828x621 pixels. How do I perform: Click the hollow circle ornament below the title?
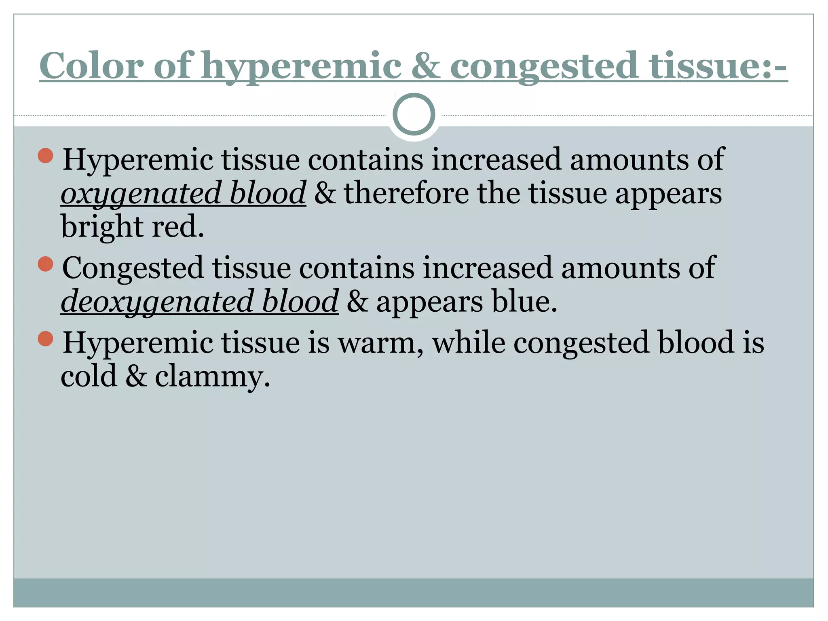tap(414, 114)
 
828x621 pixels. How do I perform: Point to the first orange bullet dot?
tap(46, 156)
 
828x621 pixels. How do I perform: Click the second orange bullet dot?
tap(46, 264)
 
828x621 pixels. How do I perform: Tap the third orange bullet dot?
tap(46, 339)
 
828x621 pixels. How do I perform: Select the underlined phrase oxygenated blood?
tap(183, 193)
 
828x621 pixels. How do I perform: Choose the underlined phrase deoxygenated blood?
tap(199, 301)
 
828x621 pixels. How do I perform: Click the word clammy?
tap(212, 376)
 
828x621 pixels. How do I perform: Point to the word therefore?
tap(406, 193)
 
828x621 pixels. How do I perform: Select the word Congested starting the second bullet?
tap(133, 268)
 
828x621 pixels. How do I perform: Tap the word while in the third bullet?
tap(469, 343)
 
